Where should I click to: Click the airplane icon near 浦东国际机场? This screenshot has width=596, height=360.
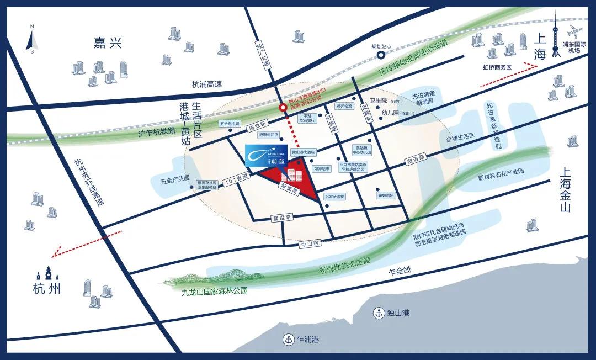click(x=576, y=29)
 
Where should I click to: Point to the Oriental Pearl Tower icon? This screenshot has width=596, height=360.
click(x=556, y=36)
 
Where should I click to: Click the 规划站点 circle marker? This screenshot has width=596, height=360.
click(x=381, y=55)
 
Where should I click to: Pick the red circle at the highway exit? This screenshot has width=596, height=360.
click(x=283, y=108)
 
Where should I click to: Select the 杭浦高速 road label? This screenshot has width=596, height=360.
click(x=206, y=84)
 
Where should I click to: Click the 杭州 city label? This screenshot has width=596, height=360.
click(x=46, y=288)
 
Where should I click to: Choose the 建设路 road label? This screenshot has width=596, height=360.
click(x=281, y=218)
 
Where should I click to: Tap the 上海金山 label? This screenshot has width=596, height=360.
click(x=563, y=190)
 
